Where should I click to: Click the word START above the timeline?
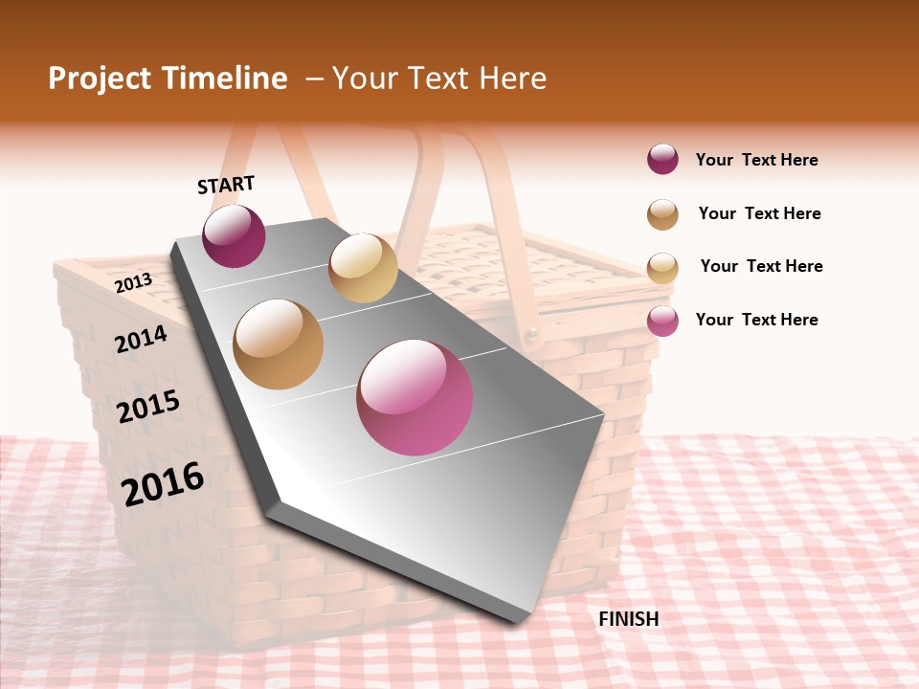226,185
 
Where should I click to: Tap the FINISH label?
629,619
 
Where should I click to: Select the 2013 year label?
133,282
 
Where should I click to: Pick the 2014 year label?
141,339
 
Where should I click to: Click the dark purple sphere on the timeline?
234,235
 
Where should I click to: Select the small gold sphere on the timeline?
363,268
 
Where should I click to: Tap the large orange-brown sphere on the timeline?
278,344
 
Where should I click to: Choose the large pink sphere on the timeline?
415,396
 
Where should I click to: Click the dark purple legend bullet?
662,160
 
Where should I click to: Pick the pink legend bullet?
662,321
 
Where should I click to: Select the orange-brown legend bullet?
662,214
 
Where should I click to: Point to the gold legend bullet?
662,267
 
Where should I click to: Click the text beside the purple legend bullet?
756,160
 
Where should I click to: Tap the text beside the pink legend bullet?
756,320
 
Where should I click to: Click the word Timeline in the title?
225,78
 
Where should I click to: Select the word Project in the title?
99,78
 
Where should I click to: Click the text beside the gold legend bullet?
761,266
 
